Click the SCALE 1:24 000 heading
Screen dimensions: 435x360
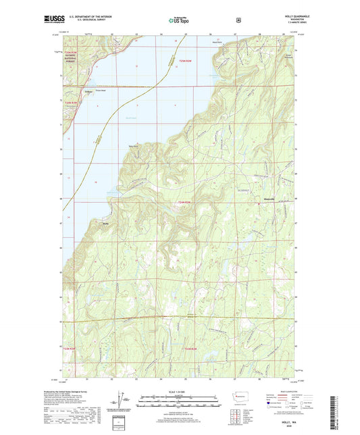[x=180, y=392]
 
